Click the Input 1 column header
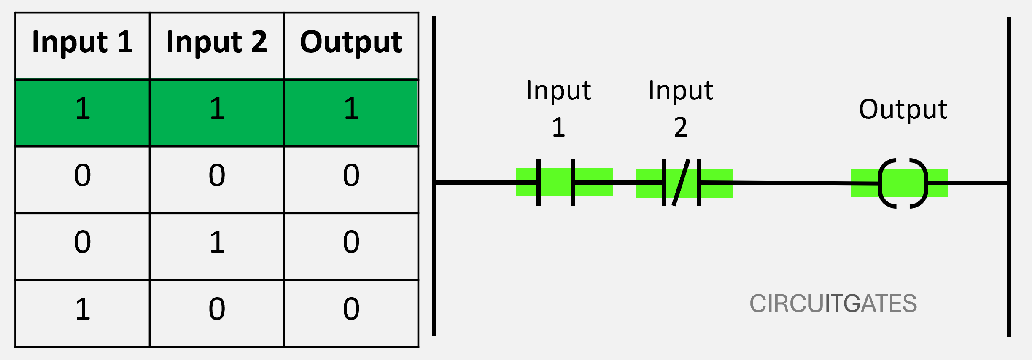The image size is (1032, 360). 83,43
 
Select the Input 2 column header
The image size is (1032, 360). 217,43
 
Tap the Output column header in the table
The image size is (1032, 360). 351,43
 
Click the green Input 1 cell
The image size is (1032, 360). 83,109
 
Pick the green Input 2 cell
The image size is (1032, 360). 217,109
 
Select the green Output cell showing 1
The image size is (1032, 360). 351,109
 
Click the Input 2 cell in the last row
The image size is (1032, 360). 217,309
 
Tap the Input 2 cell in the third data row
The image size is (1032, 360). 217,242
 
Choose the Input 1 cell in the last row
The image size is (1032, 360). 83,309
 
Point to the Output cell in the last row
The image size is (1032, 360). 351,309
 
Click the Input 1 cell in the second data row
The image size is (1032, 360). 83,175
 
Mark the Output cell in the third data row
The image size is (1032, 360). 351,242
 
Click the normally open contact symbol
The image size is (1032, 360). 556,182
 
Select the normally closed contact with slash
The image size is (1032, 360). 681,183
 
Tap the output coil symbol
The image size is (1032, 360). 903,183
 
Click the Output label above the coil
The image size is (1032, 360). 903,110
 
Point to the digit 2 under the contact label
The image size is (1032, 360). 680,127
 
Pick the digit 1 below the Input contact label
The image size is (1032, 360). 558,127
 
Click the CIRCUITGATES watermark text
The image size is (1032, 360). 833,304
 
